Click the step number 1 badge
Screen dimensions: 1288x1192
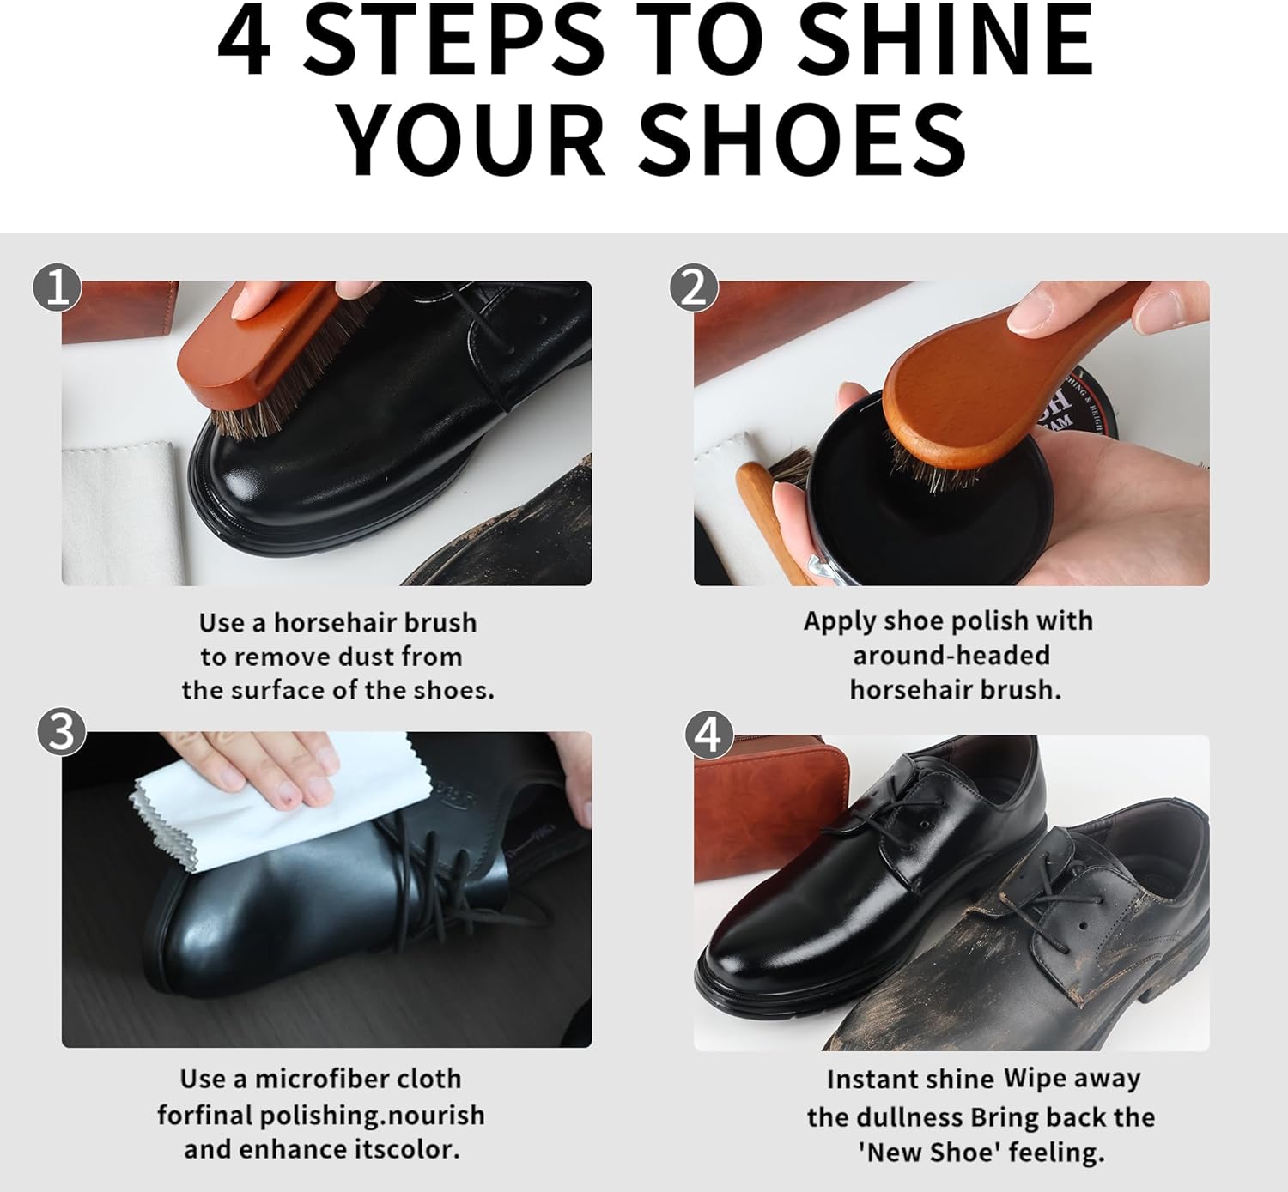pyautogui.click(x=57, y=287)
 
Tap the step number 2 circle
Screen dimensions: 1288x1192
pyautogui.click(x=694, y=287)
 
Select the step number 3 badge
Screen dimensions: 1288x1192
pyautogui.click(x=62, y=732)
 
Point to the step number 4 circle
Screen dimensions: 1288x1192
pyautogui.click(x=709, y=735)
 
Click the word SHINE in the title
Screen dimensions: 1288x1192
pyautogui.click(x=946, y=42)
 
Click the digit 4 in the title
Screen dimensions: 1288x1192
pyautogui.click(x=244, y=42)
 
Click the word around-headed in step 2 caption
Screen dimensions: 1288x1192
pyautogui.click(x=951, y=656)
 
